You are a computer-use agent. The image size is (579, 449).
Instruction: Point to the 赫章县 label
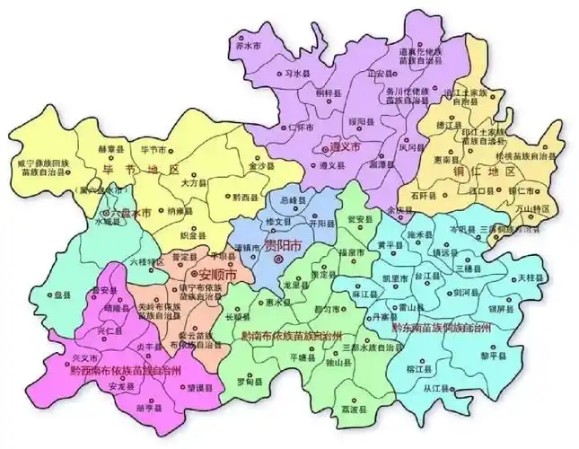click(x=109, y=148)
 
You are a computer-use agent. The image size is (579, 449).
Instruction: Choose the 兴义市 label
click(x=84, y=357)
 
